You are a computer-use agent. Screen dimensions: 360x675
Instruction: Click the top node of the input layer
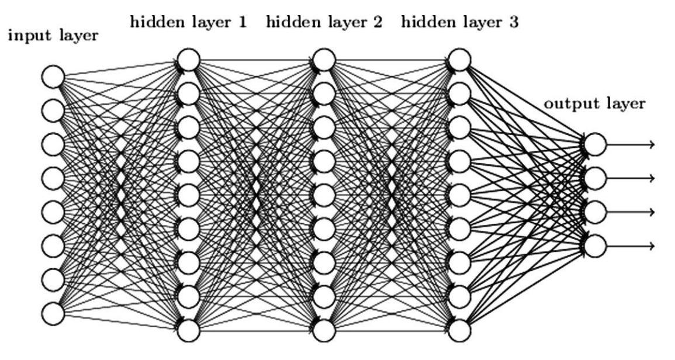pyautogui.click(x=53, y=76)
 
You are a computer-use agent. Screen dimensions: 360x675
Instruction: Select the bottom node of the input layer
pyautogui.click(x=53, y=312)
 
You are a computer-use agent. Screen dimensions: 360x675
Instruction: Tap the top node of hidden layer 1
pyautogui.click(x=189, y=59)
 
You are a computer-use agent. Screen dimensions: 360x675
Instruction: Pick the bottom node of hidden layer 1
pyautogui.click(x=189, y=331)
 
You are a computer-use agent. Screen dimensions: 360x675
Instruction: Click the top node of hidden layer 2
pyautogui.click(x=324, y=59)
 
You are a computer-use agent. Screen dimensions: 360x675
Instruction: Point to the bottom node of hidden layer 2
pyautogui.click(x=324, y=331)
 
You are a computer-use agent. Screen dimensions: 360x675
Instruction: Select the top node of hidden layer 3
pyautogui.click(x=459, y=59)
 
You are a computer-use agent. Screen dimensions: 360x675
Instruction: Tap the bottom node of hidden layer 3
pyautogui.click(x=459, y=331)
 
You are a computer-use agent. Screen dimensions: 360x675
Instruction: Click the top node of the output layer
pyautogui.click(x=594, y=144)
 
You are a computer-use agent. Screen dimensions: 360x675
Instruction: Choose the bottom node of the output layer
pyautogui.click(x=594, y=245)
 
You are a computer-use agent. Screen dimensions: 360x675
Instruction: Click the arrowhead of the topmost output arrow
pyautogui.click(x=650, y=144)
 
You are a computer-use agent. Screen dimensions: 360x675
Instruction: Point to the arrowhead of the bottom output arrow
pyautogui.click(x=650, y=245)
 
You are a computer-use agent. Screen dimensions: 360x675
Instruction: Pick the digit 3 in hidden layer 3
pyautogui.click(x=513, y=23)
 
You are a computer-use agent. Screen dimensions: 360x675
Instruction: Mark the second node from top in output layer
pyautogui.click(x=594, y=178)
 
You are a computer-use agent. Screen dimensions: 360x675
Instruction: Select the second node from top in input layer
pyautogui.click(x=53, y=110)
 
